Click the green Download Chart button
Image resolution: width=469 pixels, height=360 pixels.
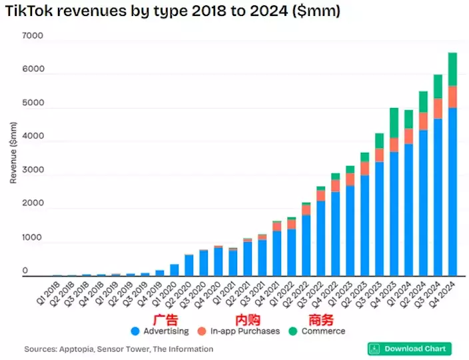(409, 349)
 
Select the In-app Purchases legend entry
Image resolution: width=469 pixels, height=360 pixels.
(244, 331)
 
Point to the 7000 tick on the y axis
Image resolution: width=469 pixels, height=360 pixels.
(33, 36)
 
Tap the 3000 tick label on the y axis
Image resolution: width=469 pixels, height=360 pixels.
(33, 170)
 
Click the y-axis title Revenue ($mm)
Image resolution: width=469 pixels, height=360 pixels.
(13, 153)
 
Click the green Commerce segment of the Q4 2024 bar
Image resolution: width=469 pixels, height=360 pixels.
(452, 69)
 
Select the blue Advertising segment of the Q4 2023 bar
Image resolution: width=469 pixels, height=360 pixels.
(394, 213)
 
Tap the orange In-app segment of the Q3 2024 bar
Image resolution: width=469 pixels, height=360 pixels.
(438, 108)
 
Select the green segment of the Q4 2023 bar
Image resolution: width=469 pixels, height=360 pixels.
(394, 123)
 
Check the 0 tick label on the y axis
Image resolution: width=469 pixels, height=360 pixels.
(25, 271)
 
